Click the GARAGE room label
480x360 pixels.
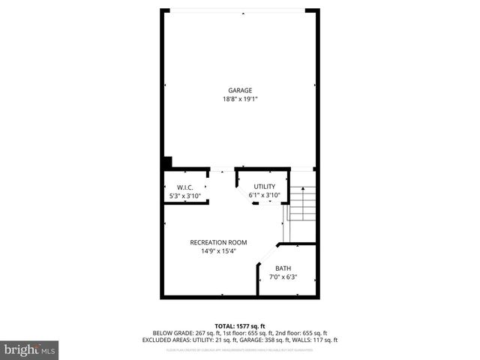point(240,91)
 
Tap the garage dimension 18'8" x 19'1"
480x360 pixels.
point(240,99)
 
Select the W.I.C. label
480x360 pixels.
point(185,187)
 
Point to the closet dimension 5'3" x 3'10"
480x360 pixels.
point(185,196)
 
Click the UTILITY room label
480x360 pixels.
point(264,187)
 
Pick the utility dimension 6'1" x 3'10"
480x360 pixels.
point(264,196)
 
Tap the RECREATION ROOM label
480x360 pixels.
point(218,242)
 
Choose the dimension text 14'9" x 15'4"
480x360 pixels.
point(218,251)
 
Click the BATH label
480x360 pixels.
point(283,268)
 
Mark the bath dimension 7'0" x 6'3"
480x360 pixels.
point(283,277)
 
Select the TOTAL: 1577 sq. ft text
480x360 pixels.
point(240,325)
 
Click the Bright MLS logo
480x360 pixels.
point(29,350)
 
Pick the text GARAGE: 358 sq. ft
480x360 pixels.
point(277,340)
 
